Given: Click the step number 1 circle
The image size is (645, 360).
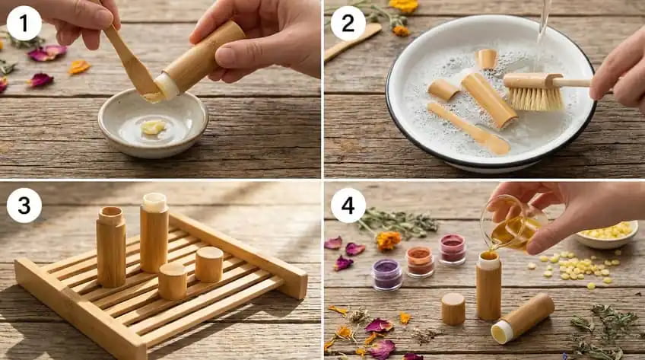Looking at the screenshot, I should pos(24,23).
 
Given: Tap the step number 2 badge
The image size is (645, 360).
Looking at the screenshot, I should pos(348,23).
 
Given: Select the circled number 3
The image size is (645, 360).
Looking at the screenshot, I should pos(24,205).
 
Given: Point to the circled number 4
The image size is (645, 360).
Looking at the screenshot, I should pos(348,205).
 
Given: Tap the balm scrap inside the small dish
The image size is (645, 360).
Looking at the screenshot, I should pos(153,128).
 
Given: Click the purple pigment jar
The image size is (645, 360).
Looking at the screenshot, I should pos(387,274).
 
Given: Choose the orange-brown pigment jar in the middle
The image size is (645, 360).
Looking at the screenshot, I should pos(419,261).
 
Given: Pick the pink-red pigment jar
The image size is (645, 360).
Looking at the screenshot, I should pos(453,248).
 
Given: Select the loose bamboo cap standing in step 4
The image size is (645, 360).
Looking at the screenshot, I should pos(453,308).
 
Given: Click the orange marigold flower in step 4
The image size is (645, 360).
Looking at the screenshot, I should pos(388,241).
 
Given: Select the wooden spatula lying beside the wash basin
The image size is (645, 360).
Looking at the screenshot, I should pos(352,42).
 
